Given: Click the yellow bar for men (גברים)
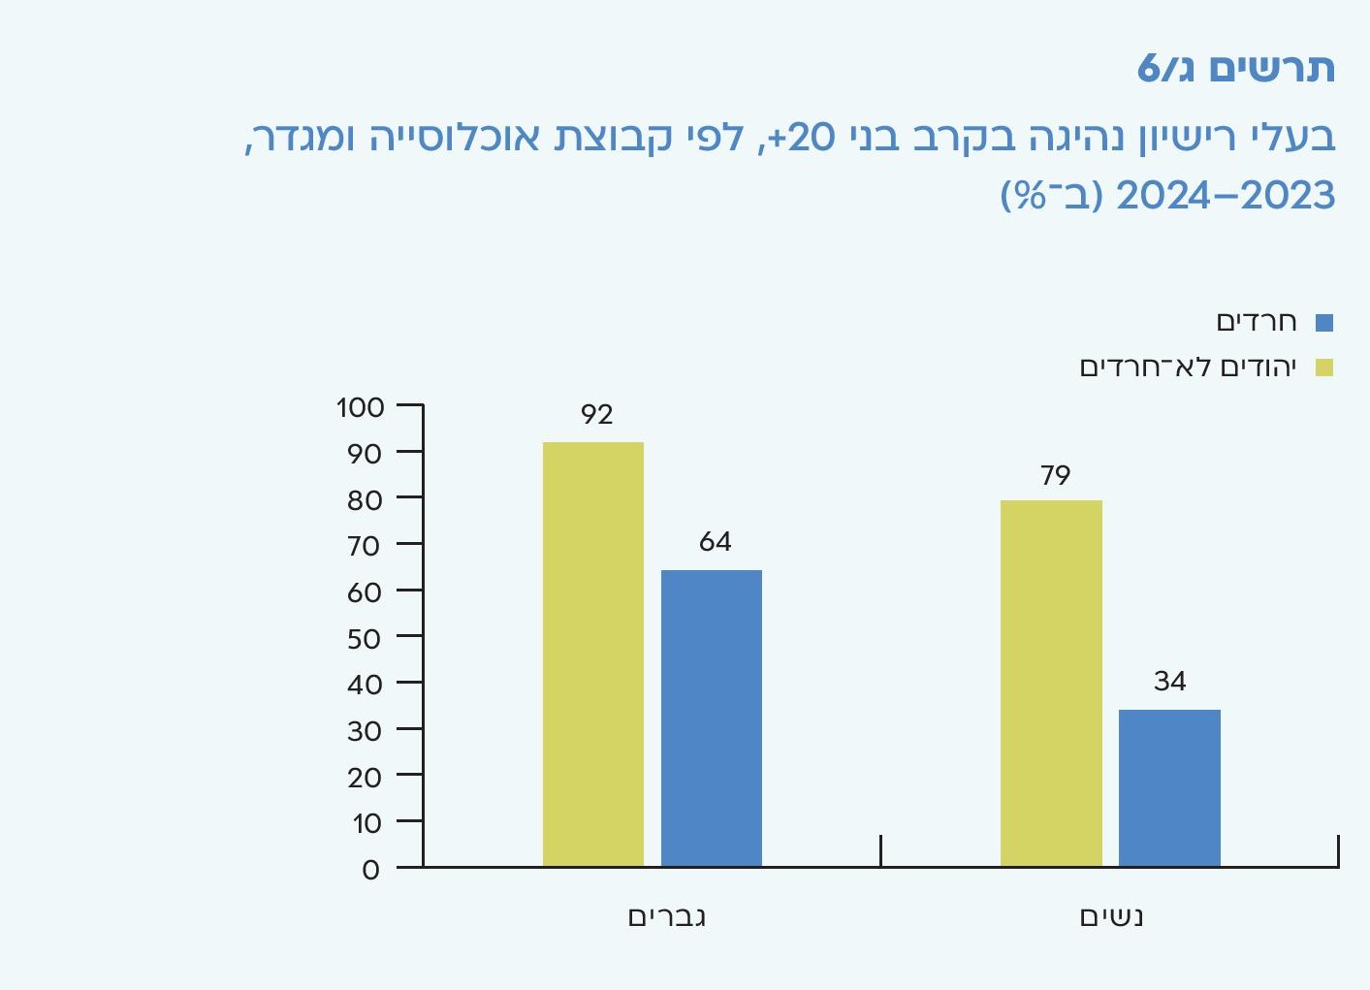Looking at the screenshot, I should click(x=592, y=654).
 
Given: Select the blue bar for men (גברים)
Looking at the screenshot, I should click(x=711, y=718).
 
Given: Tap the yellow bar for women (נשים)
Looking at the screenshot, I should click(x=1051, y=683).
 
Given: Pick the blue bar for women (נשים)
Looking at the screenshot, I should click(x=1169, y=787).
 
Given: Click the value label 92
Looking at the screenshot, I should click(x=596, y=415).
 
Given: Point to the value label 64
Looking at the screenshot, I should click(x=715, y=542).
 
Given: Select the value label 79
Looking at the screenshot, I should click(x=1055, y=476).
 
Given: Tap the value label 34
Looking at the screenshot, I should click(x=1169, y=682).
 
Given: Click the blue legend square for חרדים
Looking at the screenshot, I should click(x=1323, y=323).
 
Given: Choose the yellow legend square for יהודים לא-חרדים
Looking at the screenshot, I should click(x=1323, y=367).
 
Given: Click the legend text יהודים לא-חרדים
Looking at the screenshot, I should click(x=1188, y=367).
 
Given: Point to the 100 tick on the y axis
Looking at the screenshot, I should click(x=361, y=407).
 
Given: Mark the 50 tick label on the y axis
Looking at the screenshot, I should click(x=364, y=639).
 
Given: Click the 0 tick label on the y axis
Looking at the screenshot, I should click(x=370, y=870).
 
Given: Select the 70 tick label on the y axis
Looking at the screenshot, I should click(x=364, y=547).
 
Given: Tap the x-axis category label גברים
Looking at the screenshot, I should click(x=667, y=917).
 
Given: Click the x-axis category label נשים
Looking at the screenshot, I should click(x=1112, y=917).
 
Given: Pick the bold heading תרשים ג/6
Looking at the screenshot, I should click(x=1235, y=69).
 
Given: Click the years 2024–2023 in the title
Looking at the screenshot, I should click(x=1226, y=197).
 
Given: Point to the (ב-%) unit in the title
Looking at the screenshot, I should click(x=1052, y=197).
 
